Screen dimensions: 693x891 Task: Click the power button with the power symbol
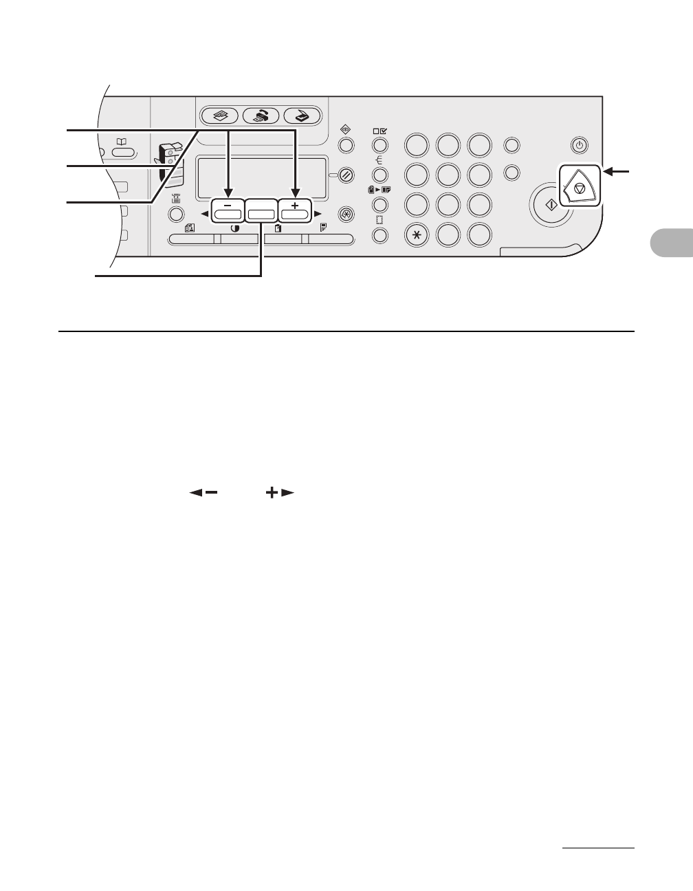tap(580, 145)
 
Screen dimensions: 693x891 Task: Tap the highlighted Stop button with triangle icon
tap(580, 186)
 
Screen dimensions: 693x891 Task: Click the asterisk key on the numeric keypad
tap(417, 234)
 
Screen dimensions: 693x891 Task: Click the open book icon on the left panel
tap(121, 142)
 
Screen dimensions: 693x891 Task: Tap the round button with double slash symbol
tap(346, 175)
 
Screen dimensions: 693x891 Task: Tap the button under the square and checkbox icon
tap(379, 145)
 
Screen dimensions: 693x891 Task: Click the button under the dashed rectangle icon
tap(379, 236)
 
